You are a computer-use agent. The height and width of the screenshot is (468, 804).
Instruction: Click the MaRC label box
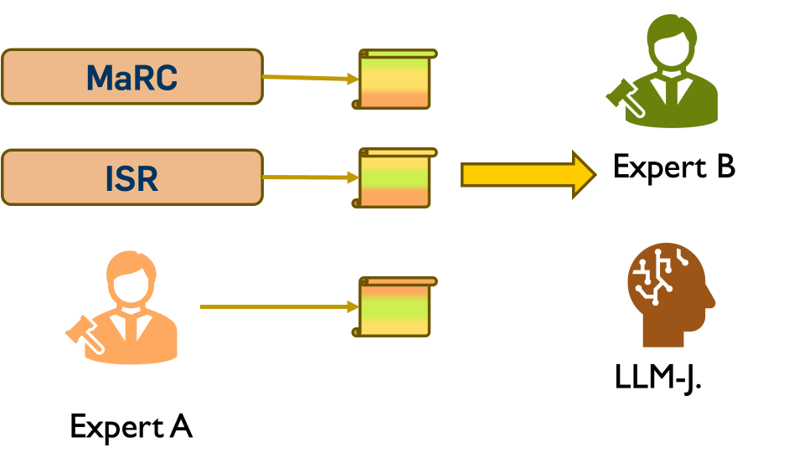pyautogui.click(x=131, y=76)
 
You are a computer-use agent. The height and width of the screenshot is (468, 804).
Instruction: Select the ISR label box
pyautogui.click(x=131, y=177)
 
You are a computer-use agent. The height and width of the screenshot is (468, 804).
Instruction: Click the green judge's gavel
pyautogui.click(x=625, y=97)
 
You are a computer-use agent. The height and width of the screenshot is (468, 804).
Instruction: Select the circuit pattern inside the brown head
pyautogui.click(x=658, y=273)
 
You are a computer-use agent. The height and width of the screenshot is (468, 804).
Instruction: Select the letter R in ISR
pyautogui.click(x=147, y=178)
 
